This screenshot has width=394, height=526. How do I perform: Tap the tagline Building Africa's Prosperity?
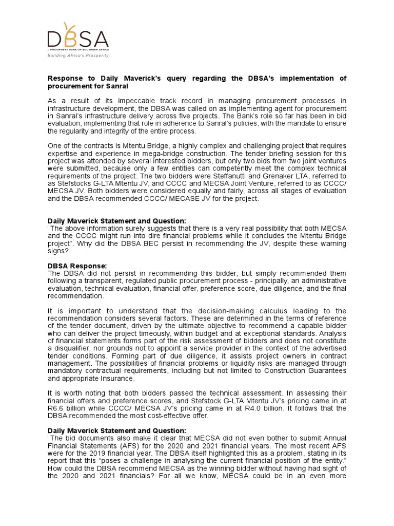coord(78,55)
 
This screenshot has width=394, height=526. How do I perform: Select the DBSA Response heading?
coord(77,266)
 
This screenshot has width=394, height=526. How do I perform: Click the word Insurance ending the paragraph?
coord(119,379)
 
